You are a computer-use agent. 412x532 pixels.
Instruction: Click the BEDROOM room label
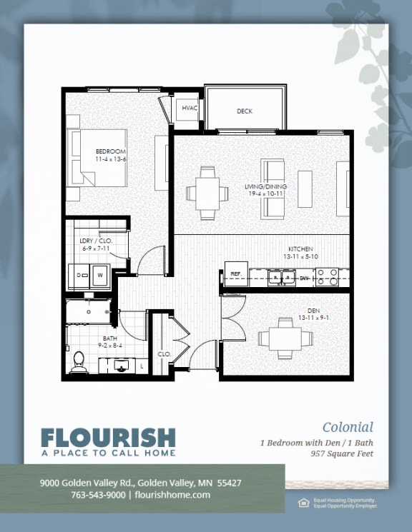[x=110, y=152]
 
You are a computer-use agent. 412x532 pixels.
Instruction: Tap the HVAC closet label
[x=190, y=109]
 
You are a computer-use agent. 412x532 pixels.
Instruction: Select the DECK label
[x=245, y=111]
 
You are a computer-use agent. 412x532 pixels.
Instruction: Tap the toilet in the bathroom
[x=77, y=363]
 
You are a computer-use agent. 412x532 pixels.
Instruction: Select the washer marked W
[x=100, y=274]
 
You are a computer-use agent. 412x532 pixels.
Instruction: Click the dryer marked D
[x=79, y=274]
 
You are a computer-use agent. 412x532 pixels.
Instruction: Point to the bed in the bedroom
[x=95, y=166]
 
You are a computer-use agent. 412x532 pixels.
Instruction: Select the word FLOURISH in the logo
[x=107, y=437]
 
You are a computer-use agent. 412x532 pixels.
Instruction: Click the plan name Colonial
[x=348, y=427]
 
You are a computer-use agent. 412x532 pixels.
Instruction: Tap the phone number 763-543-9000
[x=99, y=494]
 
